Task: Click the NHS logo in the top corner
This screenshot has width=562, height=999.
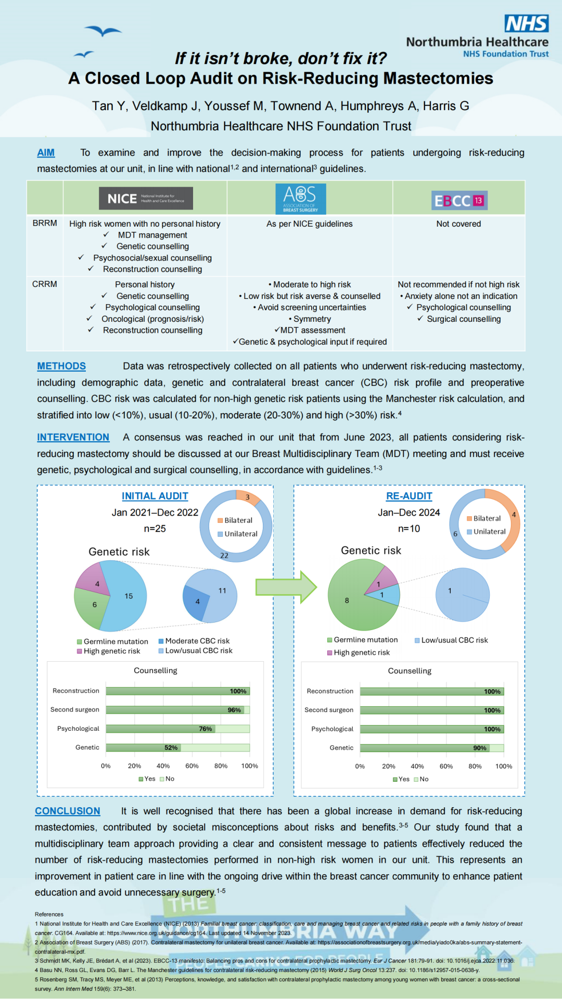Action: [526, 24]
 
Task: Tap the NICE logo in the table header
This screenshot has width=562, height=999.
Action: [146, 199]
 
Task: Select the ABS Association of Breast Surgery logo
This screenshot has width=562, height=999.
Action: [300, 199]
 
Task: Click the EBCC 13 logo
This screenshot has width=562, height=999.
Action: [459, 201]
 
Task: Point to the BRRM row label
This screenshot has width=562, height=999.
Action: [45, 223]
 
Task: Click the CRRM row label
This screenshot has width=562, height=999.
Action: [45, 284]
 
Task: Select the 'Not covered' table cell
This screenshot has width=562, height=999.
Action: [458, 224]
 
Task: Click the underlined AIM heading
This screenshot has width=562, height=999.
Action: [46, 153]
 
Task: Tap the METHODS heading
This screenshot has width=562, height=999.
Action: [61, 366]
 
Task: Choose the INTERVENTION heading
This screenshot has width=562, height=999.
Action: [73, 438]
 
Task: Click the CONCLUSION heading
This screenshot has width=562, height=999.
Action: [67, 811]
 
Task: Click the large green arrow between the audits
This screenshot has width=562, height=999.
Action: [286, 587]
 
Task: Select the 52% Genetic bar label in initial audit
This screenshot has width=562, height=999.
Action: [171, 748]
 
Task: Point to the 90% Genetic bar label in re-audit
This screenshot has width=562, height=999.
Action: [480, 748]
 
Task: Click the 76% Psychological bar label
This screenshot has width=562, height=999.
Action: [206, 729]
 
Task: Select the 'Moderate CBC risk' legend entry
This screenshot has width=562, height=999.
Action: [194, 641]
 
